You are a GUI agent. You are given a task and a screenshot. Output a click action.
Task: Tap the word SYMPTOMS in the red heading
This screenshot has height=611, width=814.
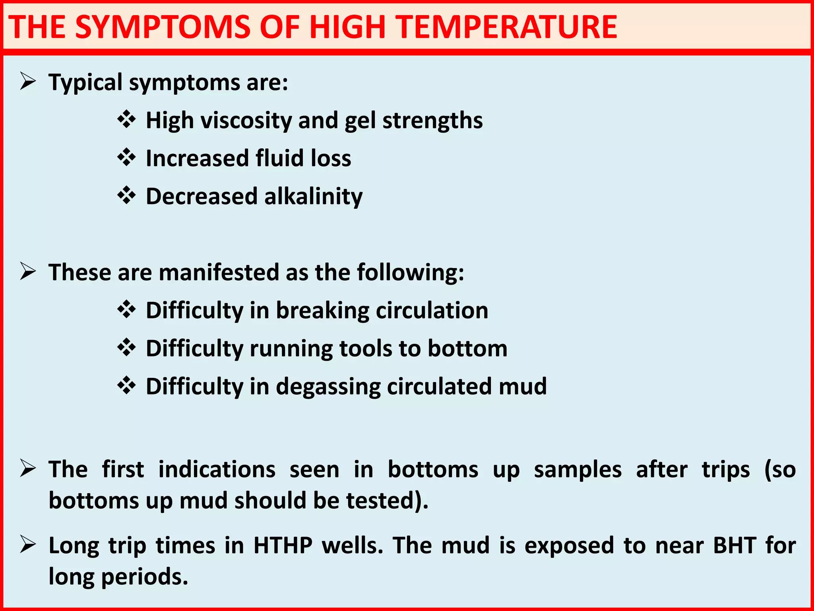tap(163, 27)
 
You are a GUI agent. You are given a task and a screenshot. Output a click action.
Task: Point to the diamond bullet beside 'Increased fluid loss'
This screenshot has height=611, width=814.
tap(127, 158)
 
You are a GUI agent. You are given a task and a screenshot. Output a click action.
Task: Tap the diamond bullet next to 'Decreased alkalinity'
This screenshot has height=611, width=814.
tap(127, 195)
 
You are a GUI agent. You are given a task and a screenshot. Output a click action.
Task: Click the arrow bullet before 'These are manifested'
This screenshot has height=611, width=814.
tap(28, 272)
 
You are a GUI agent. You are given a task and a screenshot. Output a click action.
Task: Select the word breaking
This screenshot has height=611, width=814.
tap(322, 310)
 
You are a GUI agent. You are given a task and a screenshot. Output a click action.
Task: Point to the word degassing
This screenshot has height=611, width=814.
tap(328, 387)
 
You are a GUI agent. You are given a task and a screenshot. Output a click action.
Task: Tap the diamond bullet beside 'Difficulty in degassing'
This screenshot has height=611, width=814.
tap(127, 385)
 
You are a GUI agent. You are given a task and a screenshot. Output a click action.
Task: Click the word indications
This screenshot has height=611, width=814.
tap(217, 469)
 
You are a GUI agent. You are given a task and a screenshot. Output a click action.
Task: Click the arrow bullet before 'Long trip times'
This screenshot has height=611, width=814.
tap(28, 545)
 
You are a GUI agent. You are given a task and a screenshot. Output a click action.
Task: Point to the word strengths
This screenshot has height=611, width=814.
tap(432, 121)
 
